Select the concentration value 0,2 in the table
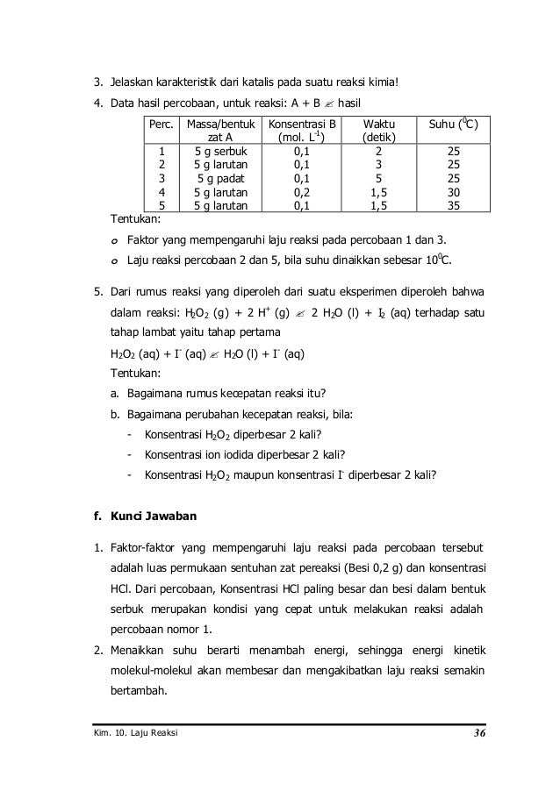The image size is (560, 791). click(x=301, y=192)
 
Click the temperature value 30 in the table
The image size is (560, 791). click(x=454, y=192)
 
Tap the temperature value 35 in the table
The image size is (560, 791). click(x=454, y=206)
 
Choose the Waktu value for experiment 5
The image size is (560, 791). click(x=378, y=206)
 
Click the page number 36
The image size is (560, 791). click(x=477, y=732)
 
